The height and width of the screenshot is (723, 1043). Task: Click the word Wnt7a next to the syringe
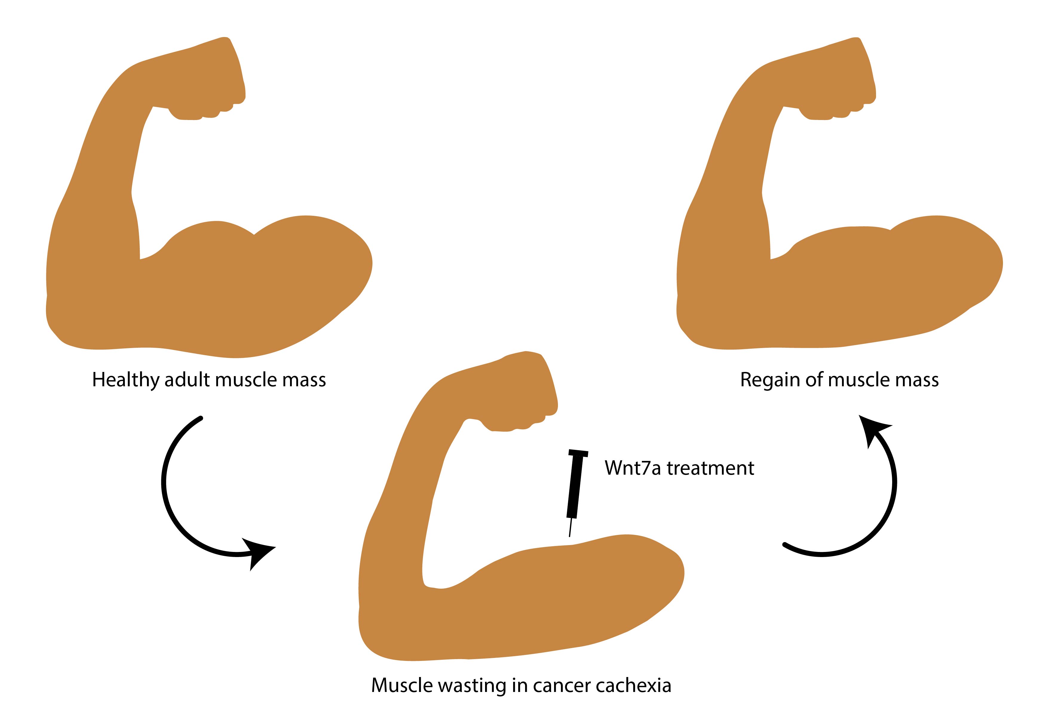[633, 468]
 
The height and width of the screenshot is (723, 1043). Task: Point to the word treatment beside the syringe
[710, 468]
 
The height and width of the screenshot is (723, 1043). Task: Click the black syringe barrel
[575, 487]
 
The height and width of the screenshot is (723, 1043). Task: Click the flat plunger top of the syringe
[578, 453]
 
